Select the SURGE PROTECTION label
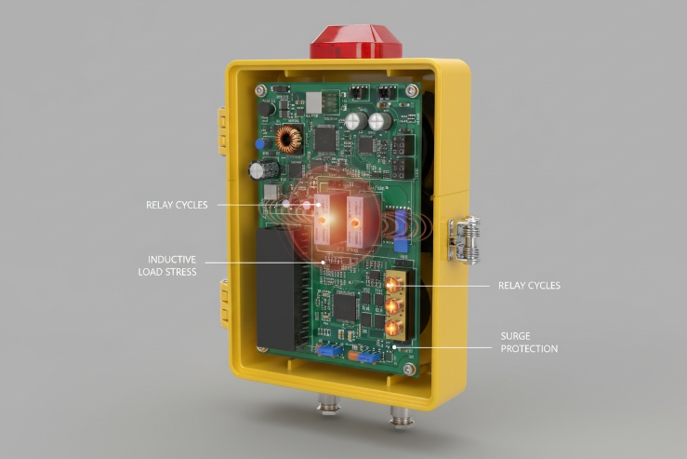pos(529,343)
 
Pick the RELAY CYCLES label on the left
pos(177,204)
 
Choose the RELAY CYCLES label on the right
pos(529,286)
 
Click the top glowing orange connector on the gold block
pos(393,282)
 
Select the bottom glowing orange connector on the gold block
pos(393,326)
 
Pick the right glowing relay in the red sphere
pos(355,222)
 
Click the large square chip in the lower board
pos(346,308)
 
